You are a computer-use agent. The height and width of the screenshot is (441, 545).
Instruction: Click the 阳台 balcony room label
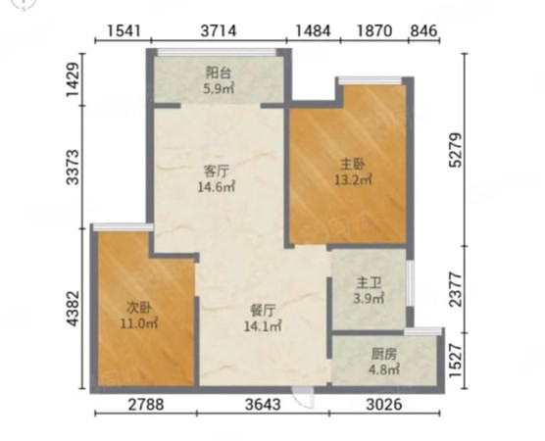point(219,73)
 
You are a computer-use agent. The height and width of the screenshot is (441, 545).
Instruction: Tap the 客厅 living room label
point(216,171)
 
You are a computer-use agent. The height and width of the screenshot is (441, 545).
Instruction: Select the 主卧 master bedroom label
point(353,164)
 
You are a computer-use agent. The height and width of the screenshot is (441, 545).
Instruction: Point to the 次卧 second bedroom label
point(139,308)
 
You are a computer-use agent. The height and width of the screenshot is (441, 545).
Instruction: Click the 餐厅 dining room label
point(263,311)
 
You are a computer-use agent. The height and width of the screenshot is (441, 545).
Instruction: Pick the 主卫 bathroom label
point(369,283)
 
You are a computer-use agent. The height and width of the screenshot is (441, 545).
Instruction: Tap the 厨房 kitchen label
point(383,355)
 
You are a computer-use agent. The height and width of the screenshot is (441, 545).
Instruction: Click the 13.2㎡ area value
point(353,179)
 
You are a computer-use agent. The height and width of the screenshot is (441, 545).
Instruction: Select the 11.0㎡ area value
point(139,323)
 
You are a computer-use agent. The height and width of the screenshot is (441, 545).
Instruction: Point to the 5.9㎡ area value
point(219,88)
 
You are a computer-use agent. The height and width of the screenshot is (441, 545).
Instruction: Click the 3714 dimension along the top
point(219,31)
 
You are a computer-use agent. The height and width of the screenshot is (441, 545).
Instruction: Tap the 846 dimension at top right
point(423,31)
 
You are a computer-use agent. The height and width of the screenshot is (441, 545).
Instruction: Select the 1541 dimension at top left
point(124,31)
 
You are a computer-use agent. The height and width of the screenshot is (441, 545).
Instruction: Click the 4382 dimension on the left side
point(74,309)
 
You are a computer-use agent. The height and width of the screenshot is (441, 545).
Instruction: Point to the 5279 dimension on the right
point(456,150)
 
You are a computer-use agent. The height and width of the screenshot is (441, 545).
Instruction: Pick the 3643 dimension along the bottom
point(263,405)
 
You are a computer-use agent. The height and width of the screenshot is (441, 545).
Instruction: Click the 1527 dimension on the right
point(456,361)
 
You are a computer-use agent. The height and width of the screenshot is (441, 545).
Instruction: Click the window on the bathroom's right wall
point(410,283)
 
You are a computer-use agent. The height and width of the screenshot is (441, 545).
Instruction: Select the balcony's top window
point(217,52)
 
